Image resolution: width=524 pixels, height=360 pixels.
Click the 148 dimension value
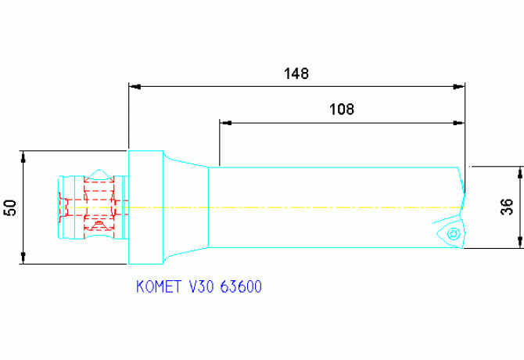coord(296,74)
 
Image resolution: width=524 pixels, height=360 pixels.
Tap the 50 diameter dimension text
coord(10,207)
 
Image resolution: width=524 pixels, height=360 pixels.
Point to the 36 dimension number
coord(507,207)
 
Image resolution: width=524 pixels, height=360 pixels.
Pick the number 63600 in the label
coord(241,287)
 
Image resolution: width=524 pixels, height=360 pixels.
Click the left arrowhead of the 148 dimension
coord(134,86)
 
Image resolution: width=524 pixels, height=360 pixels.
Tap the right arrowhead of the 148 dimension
coord(460,86)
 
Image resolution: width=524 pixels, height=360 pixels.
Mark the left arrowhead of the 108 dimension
coord(224,122)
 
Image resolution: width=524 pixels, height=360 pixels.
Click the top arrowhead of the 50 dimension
coord(24,155)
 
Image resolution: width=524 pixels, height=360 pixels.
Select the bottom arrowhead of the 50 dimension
coord(24,260)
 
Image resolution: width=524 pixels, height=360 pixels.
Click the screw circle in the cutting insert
coord(451,233)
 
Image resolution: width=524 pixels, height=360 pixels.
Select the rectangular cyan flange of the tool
coord(145,207)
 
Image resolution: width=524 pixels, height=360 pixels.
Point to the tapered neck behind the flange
coord(185,207)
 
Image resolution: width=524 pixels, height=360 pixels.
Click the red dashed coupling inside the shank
coord(95,207)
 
